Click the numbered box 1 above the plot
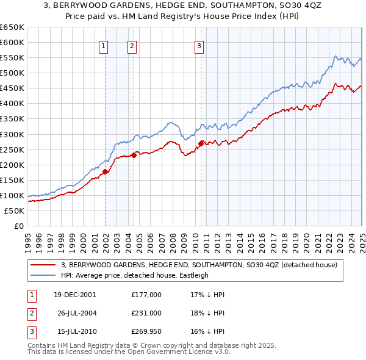click(x=104, y=45)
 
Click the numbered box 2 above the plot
click(x=132, y=45)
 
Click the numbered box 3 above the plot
click(x=199, y=45)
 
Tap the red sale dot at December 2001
click(x=105, y=171)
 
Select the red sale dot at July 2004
click(x=134, y=155)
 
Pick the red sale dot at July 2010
click(x=201, y=143)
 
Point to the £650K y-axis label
click(x=12, y=27)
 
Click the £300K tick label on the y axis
click(x=12, y=134)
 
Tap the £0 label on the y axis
click(x=18, y=226)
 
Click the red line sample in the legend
click(x=44, y=265)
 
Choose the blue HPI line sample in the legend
click(x=44, y=275)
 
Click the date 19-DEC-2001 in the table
click(x=74, y=295)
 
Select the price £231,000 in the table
click(x=146, y=313)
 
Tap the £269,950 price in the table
click(x=146, y=332)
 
